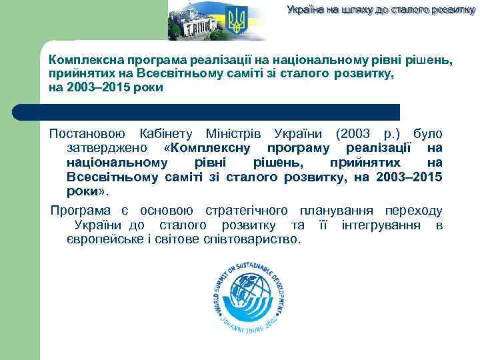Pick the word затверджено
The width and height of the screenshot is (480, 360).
pyautogui.click(x=107, y=147)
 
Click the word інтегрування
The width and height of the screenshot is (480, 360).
pyautogui.click(x=384, y=225)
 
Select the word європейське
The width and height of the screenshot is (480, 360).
pyautogui.click(x=106, y=239)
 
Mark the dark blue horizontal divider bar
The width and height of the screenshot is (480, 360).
pyautogui.click(x=207, y=111)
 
